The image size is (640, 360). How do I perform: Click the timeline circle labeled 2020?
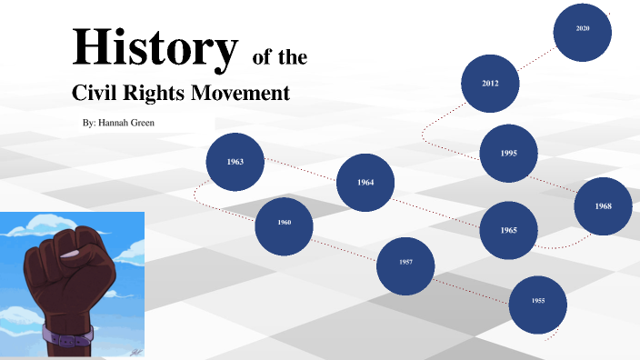[583, 31]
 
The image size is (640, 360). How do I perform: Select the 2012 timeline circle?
[491, 84]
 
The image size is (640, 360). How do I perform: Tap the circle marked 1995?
[508, 153]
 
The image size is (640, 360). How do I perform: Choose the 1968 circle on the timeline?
[604, 206]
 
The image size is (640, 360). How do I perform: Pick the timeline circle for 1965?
[508, 230]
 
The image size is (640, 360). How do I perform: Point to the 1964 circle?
[365, 183]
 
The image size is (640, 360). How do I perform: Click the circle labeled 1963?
[235, 162]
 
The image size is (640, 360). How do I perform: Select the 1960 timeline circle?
[284, 224]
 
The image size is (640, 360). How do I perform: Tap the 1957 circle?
[405, 265]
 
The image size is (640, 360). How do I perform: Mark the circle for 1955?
[538, 301]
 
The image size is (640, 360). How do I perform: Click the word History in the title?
[154, 49]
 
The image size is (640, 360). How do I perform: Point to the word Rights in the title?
[159, 93]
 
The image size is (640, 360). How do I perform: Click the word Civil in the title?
[98, 93]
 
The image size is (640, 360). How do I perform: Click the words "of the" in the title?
[279, 59]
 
